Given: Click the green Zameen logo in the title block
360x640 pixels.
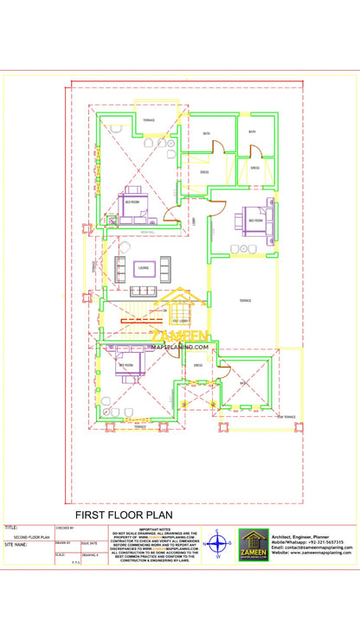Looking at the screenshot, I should (x=254, y=546).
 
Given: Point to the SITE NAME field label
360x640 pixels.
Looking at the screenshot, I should (x=16, y=545).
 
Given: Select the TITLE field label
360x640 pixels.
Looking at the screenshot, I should (x=11, y=526).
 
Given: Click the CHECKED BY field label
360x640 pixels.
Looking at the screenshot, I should (x=65, y=527).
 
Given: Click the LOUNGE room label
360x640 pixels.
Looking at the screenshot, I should (x=143, y=267).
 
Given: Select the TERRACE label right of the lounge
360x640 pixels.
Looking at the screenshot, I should (x=245, y=300).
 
